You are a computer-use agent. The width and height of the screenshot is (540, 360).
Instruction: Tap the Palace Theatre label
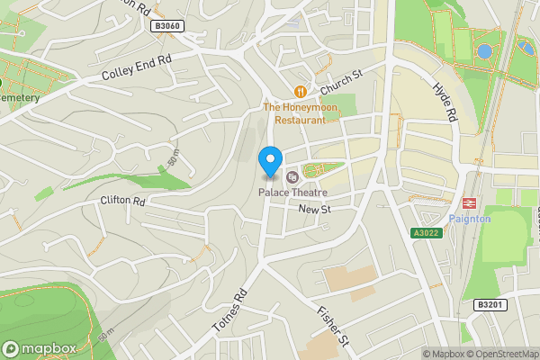point(292,193)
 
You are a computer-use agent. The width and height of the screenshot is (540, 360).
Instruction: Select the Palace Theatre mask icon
point(291,176)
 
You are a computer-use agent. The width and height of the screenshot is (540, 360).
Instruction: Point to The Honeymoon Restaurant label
point(300,112)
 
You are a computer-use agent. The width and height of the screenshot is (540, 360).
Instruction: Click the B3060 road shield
point(168,26)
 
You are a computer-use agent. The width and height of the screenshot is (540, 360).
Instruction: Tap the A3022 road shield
point(426,233)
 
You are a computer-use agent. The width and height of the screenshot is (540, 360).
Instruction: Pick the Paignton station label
point(469,219)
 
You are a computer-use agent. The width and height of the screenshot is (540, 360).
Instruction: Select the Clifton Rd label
point(123,200)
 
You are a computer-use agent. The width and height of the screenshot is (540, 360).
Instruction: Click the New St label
point(315,210)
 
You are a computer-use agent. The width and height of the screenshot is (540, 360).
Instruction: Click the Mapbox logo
point(38,349)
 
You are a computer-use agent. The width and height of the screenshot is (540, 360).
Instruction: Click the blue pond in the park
point(485,52)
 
